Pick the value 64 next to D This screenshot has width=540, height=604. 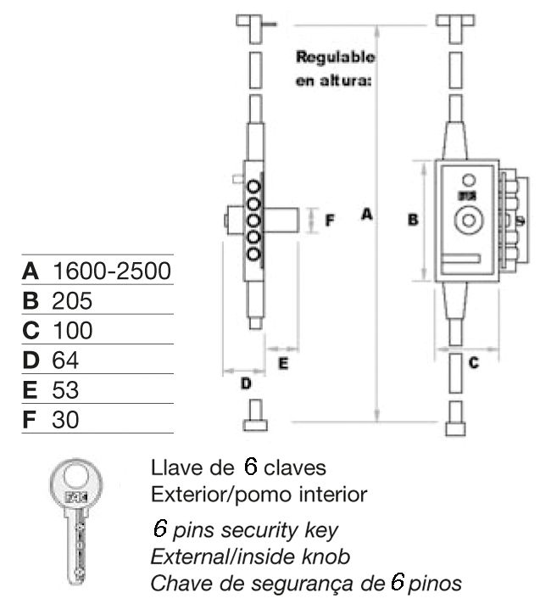point(65,361)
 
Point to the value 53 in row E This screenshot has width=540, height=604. point(65,390)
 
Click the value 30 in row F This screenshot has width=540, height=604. point(65,420)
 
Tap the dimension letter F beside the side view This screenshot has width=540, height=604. point(331,220)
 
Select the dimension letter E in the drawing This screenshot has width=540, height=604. point(284,364)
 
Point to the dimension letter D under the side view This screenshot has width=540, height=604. point(246,384)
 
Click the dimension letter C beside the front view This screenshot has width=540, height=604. point(474,364)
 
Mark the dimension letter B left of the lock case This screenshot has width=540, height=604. point(413,220)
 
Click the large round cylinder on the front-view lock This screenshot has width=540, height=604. point(465,221)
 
